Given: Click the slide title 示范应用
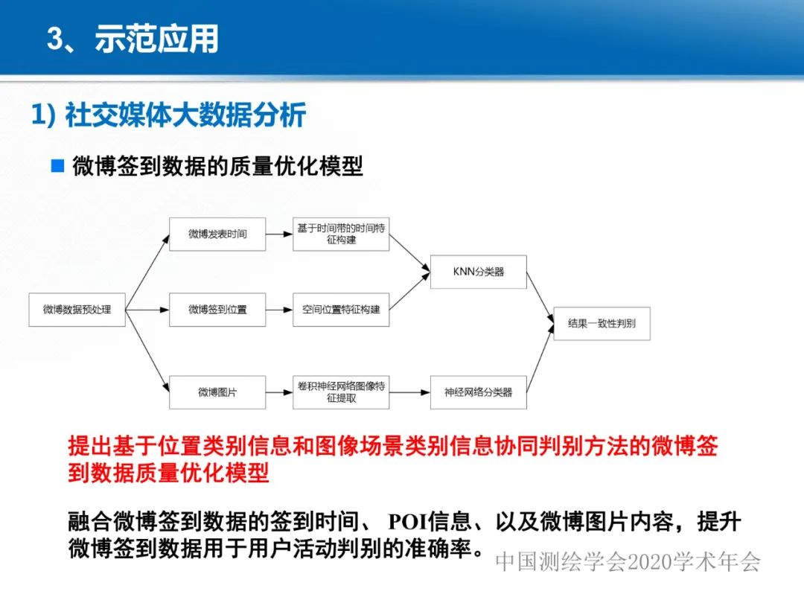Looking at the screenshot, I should [156, 39].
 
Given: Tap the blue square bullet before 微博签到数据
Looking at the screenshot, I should [57, 165].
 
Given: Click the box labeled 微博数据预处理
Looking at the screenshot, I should [77, 309].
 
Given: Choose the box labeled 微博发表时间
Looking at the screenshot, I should [217, 234].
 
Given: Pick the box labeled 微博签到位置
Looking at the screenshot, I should [217, 309].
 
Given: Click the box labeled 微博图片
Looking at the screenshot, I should [217, 392].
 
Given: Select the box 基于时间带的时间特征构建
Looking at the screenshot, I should [341, 234].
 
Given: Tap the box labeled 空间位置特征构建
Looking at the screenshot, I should [341, 309].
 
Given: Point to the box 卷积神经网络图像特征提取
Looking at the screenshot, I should [341, 392].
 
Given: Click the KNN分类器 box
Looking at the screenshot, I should [478, 272].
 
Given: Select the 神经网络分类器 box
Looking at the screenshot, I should [478, 392].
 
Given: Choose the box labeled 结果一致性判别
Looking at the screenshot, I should [602, 324].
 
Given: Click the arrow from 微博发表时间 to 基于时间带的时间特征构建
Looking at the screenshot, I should [278, 234].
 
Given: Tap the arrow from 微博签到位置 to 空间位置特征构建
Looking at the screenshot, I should [278, 309].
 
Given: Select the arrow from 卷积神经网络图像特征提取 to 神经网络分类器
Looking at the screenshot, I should [409, 392].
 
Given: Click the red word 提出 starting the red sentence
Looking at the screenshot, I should [90, 447].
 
